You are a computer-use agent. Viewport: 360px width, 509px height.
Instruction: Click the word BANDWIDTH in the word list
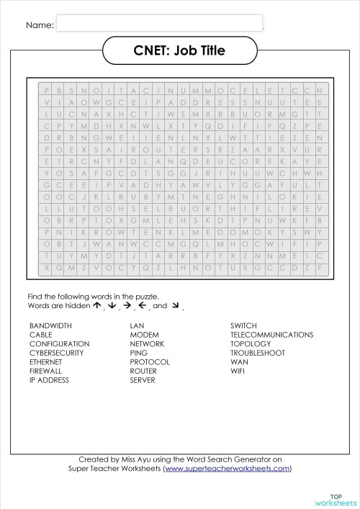click(x=50, y=326)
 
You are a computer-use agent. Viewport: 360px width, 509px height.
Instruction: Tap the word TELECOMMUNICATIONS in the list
click(x=271, y=335)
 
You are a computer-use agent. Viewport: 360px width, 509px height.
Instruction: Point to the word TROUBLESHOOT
click(x=258, y=353)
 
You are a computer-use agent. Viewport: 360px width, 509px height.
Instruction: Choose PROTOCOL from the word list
click(x=149, y=362)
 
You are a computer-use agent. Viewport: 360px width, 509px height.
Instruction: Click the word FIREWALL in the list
click(x=46, y=371)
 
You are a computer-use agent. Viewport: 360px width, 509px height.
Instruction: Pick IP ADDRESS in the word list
click(x=49, y=380)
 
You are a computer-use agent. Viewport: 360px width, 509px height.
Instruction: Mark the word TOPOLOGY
click(x=251, y=344)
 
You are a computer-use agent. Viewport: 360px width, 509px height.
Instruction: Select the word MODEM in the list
click(x=144, y=335)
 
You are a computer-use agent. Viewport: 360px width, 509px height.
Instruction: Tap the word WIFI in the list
click(x=238, y=371)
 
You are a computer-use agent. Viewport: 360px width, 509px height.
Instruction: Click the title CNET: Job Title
click(x=179, y=50)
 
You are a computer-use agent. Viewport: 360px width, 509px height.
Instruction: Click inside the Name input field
click(x=158, y=24)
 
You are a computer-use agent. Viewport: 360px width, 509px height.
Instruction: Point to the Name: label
click(x=40, y=25)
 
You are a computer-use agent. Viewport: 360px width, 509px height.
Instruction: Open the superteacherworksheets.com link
click(x=227, y=468)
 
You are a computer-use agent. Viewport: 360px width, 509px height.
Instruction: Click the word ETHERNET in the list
click(x=46, y=362)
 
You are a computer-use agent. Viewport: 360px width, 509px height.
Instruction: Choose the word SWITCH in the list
click(x=243, y=326)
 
